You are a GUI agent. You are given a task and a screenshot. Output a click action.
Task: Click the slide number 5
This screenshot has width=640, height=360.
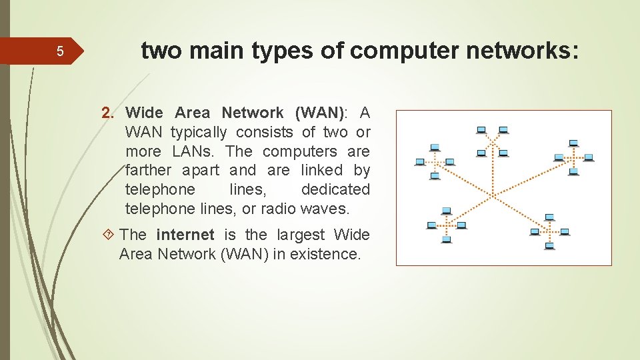pos(59,51)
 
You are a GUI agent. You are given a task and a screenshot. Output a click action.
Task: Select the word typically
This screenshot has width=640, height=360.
pos(199,132)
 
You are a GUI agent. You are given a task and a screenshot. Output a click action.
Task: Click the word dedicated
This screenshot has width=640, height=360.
pos(335,190)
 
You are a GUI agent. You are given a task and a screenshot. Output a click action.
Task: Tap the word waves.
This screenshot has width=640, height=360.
pos(325,209)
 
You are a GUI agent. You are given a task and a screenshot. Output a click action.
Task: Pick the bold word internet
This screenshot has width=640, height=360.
pos(185,235)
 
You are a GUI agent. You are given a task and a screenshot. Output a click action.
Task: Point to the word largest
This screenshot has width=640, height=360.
pos(299,235)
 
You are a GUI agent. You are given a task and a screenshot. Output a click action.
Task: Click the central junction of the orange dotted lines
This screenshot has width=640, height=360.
pos(494,195)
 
